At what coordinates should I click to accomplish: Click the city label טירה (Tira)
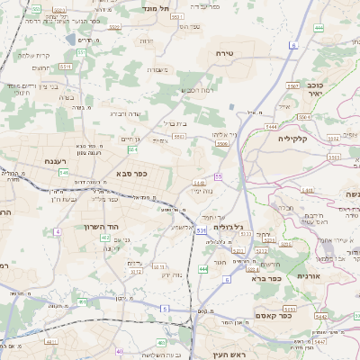coord(225,54)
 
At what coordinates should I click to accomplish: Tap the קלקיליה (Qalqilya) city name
coord(294,138)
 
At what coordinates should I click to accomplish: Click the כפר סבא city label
coord(131,173)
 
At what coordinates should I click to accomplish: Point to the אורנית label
coord(309,275)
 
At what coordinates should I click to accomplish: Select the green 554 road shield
coord(132,149)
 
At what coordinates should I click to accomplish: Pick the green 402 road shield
coord(106,238)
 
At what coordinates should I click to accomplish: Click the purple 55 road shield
coord(218,177)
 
